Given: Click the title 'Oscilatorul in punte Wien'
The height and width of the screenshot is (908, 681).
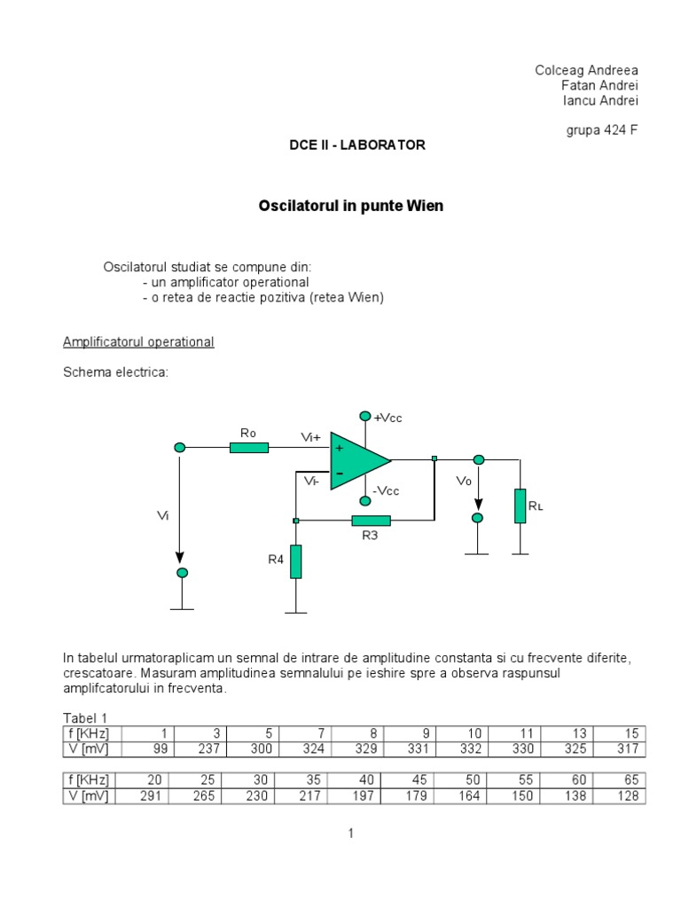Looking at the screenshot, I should click(350, 206).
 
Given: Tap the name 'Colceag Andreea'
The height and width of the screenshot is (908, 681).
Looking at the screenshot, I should click(586, 70).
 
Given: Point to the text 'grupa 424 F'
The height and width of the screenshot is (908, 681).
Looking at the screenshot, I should click(602, 130).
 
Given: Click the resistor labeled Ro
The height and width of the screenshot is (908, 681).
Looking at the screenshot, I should click(249, 448).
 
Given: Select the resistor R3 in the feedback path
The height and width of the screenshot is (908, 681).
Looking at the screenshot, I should click(371, 521).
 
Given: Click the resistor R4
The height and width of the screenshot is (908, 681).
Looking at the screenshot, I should click(295, 561).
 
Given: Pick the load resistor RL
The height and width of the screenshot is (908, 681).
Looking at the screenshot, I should click(520, 505).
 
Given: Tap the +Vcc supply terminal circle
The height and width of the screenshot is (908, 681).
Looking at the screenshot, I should click(364, 415).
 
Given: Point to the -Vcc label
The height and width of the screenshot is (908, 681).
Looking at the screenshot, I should click(386, 491).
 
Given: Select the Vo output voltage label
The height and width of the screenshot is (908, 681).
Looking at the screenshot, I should click(463, 481).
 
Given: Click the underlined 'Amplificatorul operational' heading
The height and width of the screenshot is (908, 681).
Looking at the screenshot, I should click(138, 342).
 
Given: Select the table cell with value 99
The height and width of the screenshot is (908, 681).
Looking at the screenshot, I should click(145, 749).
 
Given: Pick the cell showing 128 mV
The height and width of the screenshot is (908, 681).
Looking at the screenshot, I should click(620, 796).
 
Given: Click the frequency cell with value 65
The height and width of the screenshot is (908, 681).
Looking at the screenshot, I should click(620, 780).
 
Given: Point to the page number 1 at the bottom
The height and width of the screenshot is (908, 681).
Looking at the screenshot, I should click(351, 834).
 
